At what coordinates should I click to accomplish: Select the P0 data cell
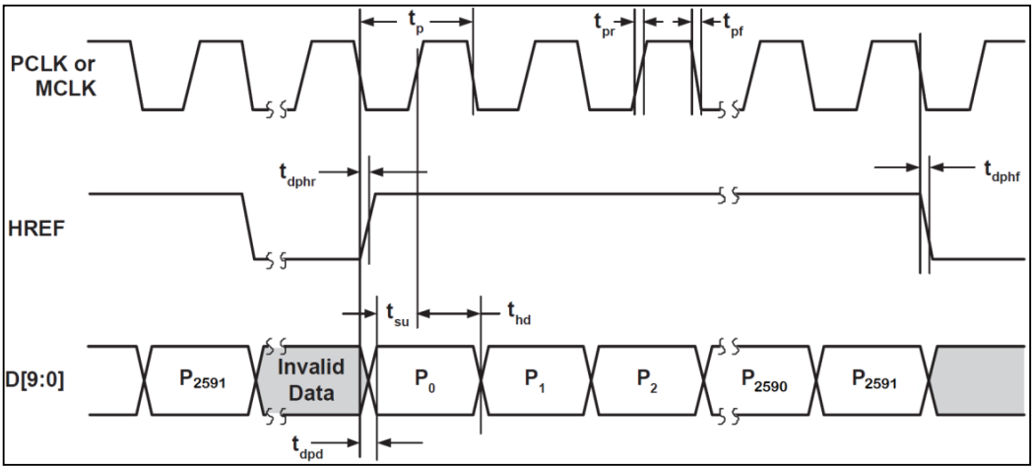coord(421,380)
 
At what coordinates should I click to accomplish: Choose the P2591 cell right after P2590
coord(876,380)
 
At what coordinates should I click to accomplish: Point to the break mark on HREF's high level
coord(728,194)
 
